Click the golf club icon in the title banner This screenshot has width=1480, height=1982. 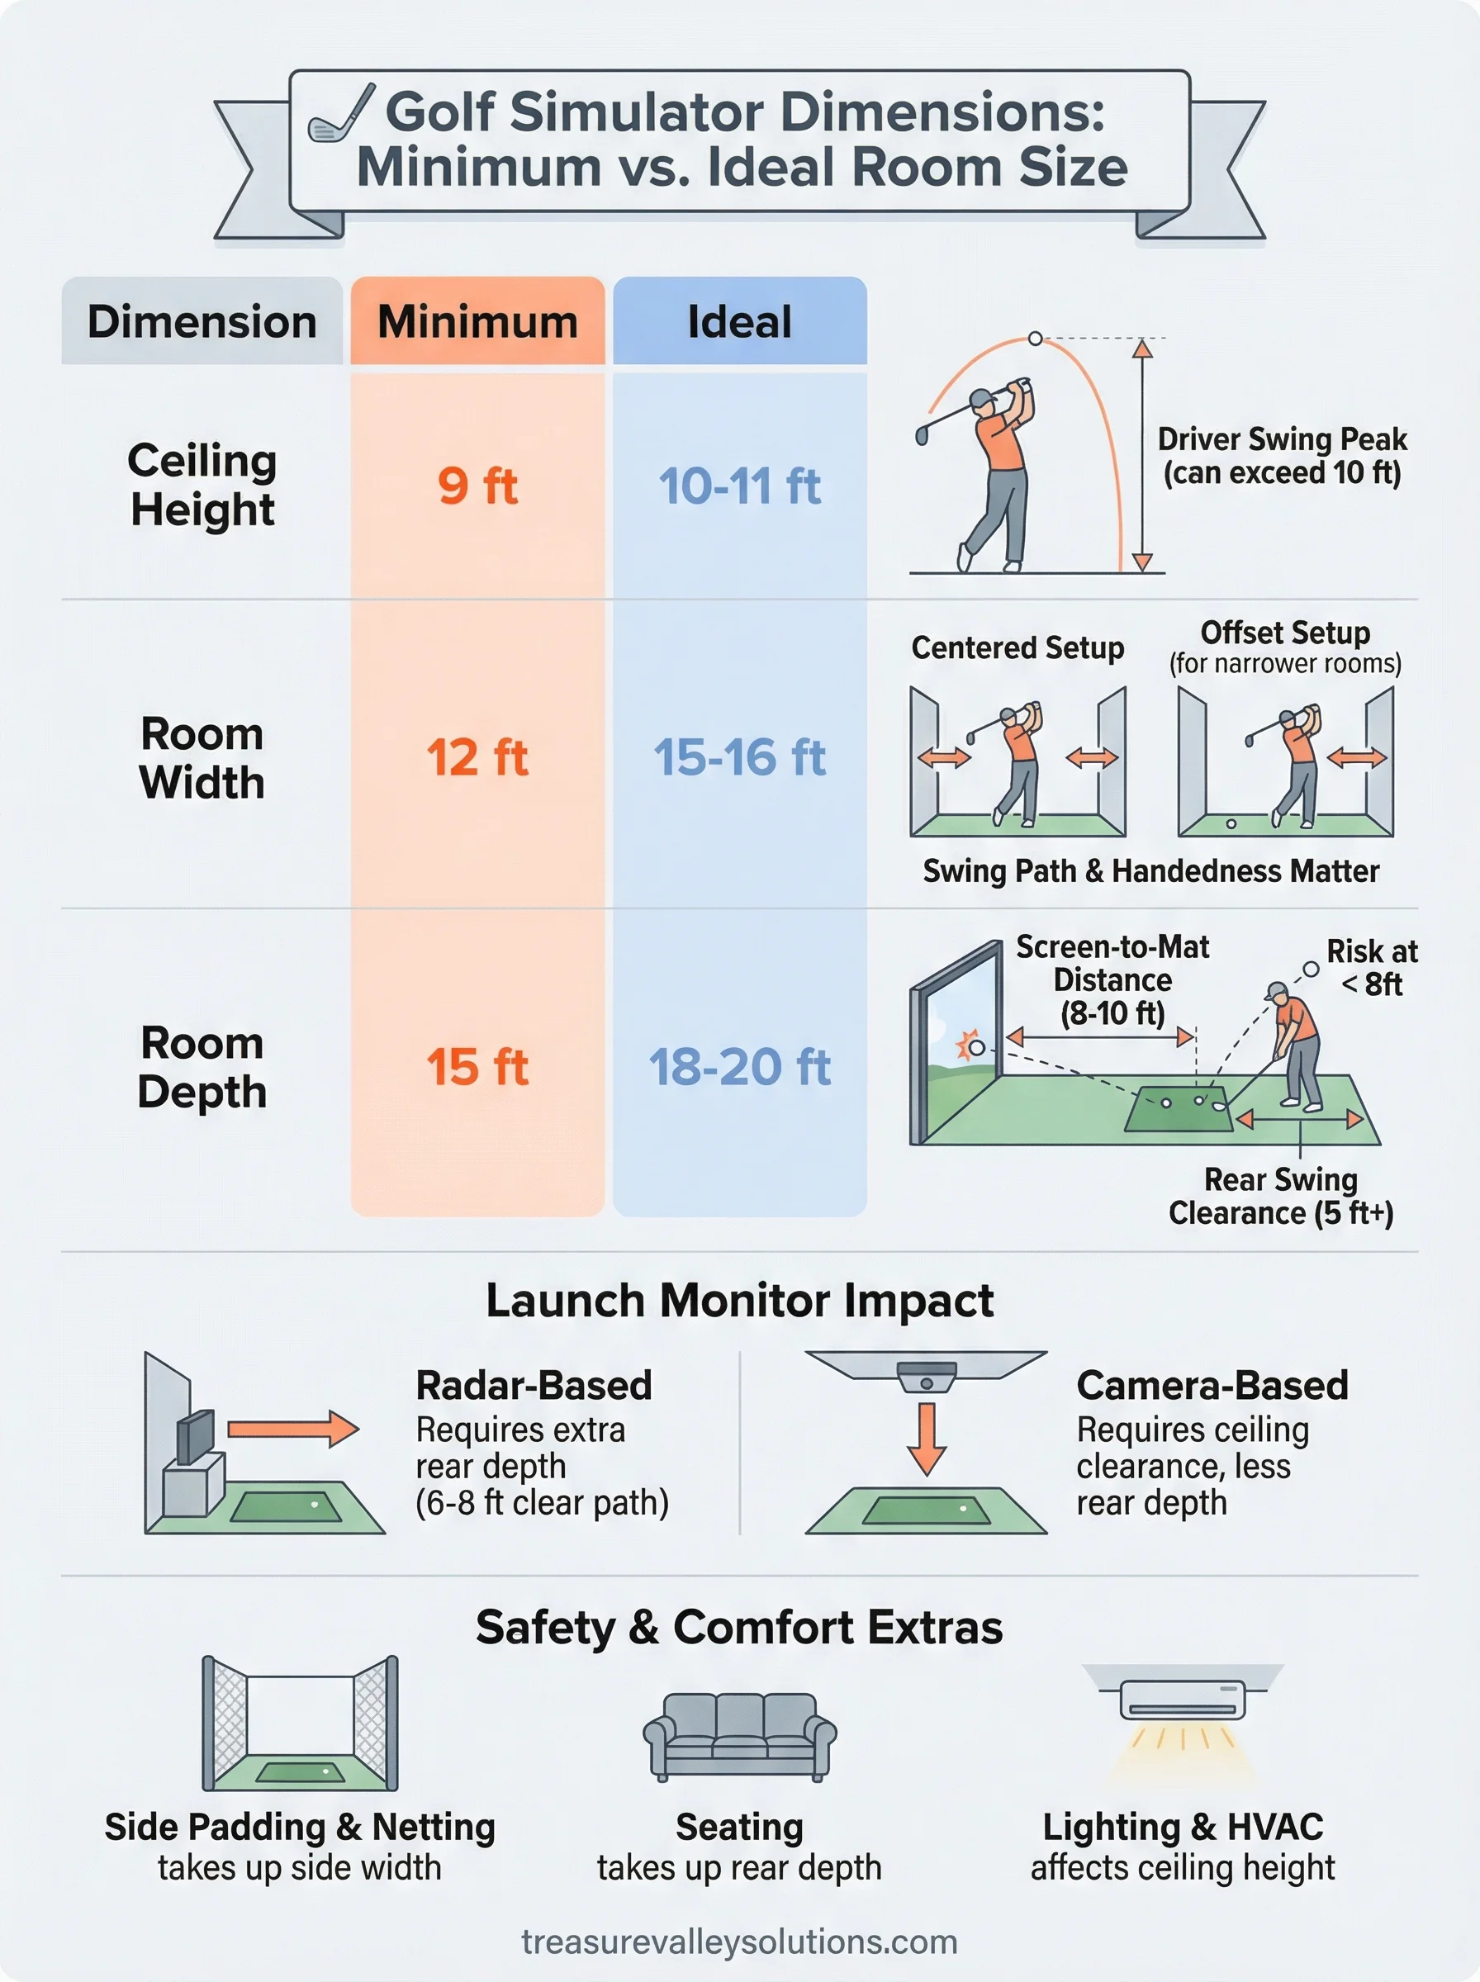click(x=340, y=115)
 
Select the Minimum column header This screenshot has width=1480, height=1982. click(x=477, y=321)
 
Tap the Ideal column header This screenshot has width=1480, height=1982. click(x=740, y=321)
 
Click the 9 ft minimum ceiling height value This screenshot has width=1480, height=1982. click(x=477, y=486)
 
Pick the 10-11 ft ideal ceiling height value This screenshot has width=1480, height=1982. click(x=740, y=486)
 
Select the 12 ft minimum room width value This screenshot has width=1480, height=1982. click(x=477, y=757)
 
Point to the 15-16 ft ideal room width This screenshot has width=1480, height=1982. click(x=740, y=757)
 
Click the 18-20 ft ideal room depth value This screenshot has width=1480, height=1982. click(x=740, y=1067)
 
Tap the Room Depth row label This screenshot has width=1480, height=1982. click(x=202, y=1068)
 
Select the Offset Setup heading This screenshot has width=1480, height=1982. click(x=1285, y=633)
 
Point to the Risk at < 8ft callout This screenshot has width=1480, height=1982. click(x=1372, y=967)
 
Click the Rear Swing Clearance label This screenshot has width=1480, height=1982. click(x=1281, y=1197)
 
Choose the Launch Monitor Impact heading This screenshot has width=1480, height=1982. click(x=739, y=1301)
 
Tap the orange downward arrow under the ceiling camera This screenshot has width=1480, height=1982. click(x=927, y=1439)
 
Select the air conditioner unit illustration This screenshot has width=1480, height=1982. click(x=1183, y=1700)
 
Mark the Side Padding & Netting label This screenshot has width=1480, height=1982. click(x=299, y=1827)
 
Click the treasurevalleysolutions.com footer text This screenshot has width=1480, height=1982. click(x=739, y=1942)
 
